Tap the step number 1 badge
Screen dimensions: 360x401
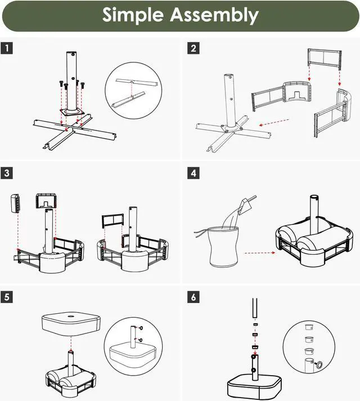click(7, 48)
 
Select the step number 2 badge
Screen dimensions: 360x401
click(193, 48)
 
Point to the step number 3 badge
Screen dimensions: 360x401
click(7, 173)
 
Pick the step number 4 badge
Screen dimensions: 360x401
click(193, 173)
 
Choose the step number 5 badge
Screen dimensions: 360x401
click(7, 297)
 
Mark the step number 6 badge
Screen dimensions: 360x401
click(193, 297)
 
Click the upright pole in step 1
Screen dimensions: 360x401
click(71, 79)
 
